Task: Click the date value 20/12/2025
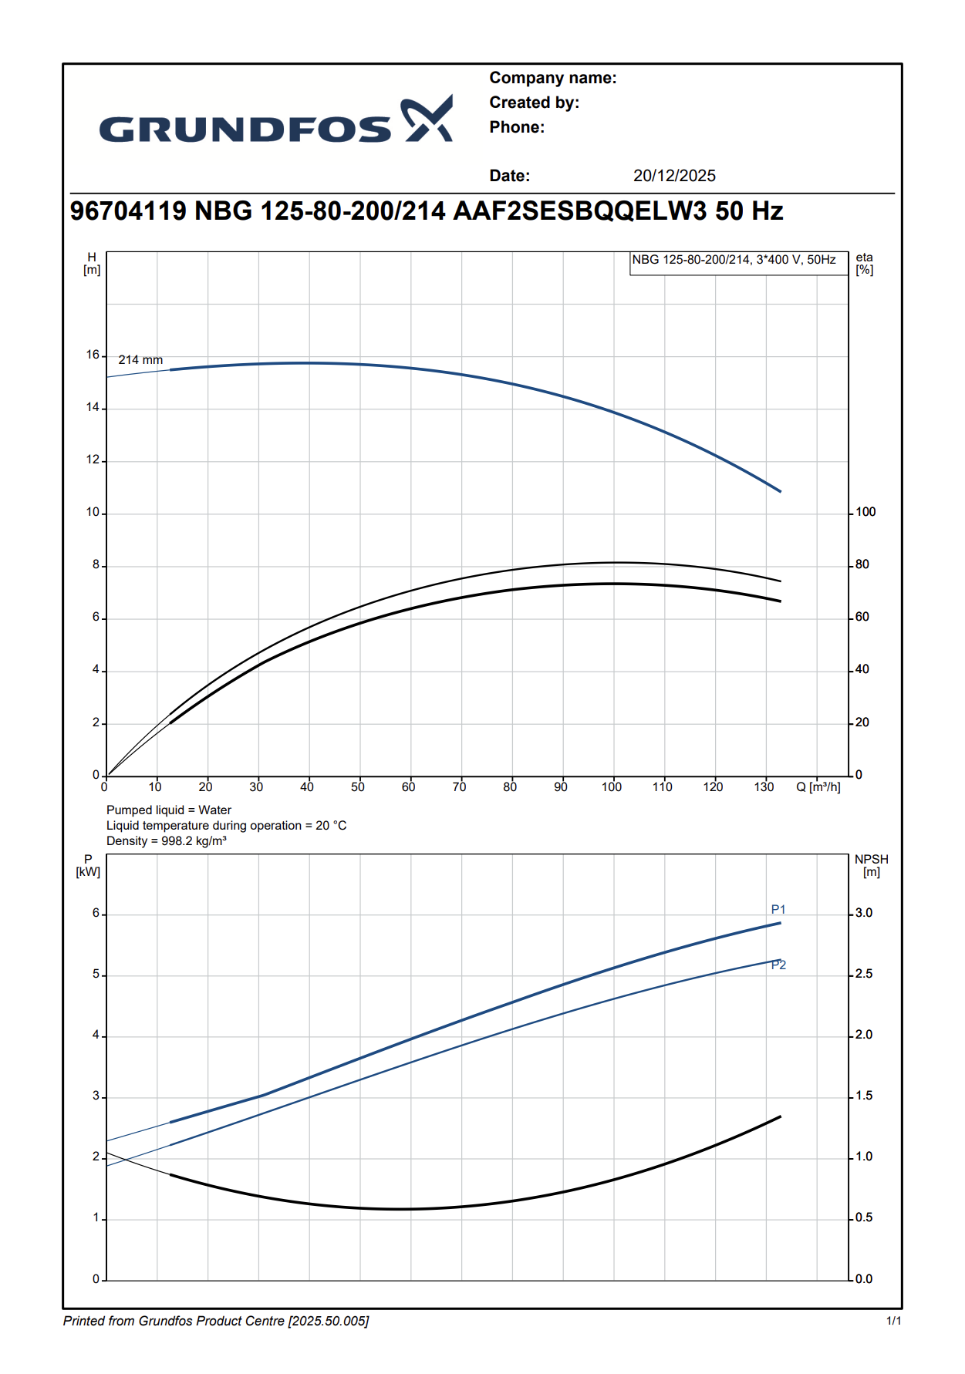(674, 176)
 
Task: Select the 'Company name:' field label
(552, 78)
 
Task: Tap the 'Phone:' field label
(517, 127)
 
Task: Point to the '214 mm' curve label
(140, 360)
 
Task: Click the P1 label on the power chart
(778, 910)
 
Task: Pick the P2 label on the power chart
(778, 965)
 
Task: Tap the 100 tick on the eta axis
(865, 512)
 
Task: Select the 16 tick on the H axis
(93, 355)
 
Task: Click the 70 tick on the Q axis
(459, 787)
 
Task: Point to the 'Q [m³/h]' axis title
(818, 787)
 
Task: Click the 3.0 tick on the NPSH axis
(864, 913)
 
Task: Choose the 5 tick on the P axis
(96, 975)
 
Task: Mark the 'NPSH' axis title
(871, 860)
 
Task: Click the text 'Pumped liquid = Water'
(169, 810)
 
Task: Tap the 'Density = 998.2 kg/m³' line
(167, 841)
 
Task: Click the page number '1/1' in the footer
(893, 1322)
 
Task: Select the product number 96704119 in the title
(128, 211)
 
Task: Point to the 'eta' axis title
(864, 258)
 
